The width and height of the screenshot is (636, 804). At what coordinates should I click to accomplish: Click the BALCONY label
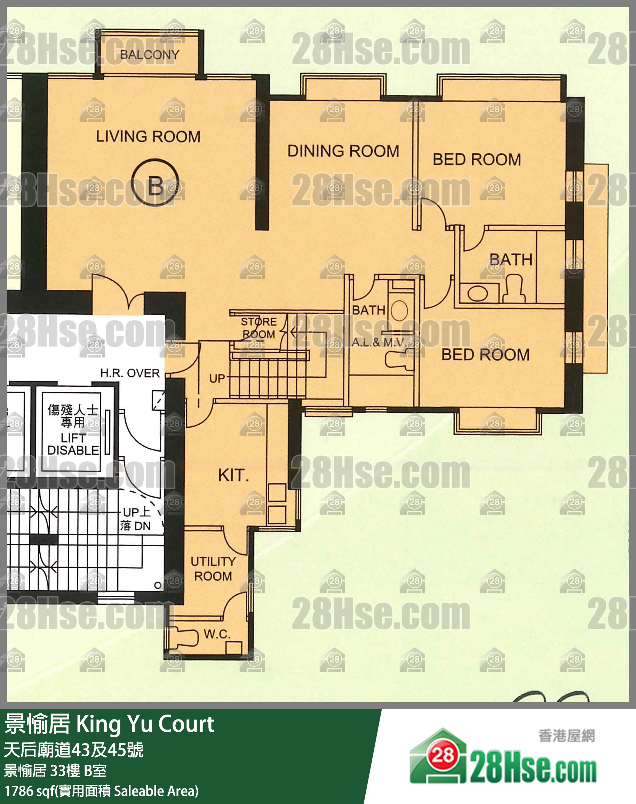pyautogui.click(x=150, y=55)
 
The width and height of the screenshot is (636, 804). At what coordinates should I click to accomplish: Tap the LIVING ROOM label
pyautogui.click(x=148, y=136)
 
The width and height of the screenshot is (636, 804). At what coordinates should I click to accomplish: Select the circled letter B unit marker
pyautogui.click(x=156, y=182)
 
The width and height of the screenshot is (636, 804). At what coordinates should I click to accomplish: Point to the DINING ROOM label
pyautogui.click(x=343, y=151)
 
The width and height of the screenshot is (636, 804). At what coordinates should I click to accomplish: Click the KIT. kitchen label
pyautogui.click(x=233, y=475)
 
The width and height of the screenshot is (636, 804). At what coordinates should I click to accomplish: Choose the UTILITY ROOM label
pyautogui.click(x=213, y=568)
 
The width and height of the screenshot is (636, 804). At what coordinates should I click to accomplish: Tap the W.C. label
pyautogui.click(x=217, y=634)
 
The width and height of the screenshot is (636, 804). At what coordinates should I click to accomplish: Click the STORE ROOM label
pyautogui.click(x=259, y=328)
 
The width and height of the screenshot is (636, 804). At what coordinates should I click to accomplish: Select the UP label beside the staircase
pyautogui.click(x=217, y=379)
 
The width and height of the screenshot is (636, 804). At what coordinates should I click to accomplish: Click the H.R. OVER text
pyautogui.click(x=130, y=373)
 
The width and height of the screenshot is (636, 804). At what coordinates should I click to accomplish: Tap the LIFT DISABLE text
pyautogui.click(x=73, y=444)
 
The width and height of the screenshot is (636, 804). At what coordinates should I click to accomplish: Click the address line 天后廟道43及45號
pyautogui.click(x=74, y=750)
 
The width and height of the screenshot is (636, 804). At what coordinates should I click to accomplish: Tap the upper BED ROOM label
pyautogui.click(x=477, y=159)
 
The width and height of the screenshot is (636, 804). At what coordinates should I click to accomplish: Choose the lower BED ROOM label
pyautogui.click(x=486, y=355)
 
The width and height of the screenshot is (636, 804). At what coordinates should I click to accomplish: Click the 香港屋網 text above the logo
pyautogui.click(x=566, y=736)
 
